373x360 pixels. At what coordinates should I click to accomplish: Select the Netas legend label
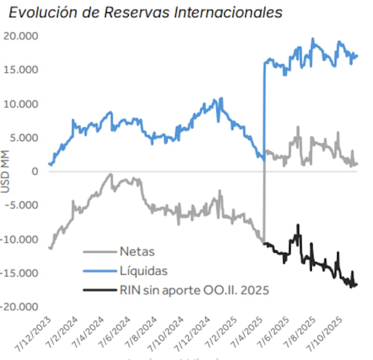[x=137, y=252]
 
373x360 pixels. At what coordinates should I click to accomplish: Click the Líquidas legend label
[x=144, y=271]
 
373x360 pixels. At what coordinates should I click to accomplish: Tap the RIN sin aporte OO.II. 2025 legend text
[x=194, y=290]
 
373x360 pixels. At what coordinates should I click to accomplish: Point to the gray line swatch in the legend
[x=99, y=252]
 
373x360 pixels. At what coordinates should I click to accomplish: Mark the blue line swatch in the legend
[x=99, y=271]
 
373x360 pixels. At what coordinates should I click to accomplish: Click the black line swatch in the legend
[x=99, y=290]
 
